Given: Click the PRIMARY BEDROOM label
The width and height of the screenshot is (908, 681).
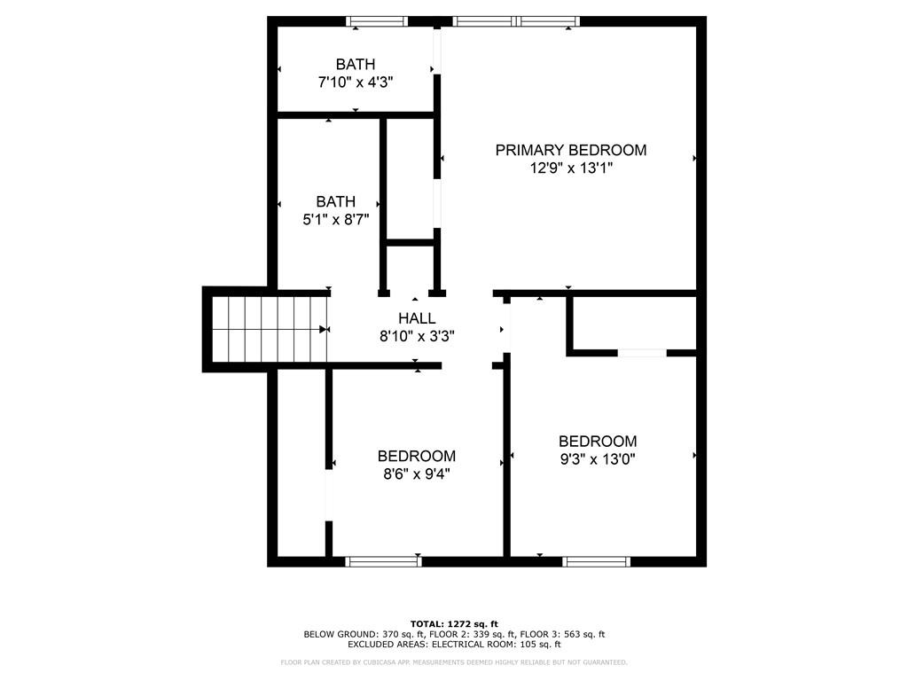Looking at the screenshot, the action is click(x=570, y=150).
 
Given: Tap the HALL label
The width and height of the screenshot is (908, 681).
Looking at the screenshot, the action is click(x=417, y=318).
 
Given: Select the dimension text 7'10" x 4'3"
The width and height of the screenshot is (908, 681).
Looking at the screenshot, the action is click(x=356, y=82).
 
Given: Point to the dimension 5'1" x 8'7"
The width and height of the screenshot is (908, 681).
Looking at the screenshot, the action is click(x=336, y=220).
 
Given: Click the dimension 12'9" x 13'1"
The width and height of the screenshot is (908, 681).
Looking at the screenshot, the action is click(x=571, y=168).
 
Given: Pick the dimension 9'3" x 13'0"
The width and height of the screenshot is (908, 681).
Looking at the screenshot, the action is click(x=598, y=460).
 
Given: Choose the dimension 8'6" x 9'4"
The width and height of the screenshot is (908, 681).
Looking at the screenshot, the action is click(x=417, y=474).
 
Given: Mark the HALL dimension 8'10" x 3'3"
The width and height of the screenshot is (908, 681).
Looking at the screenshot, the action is click(x=417, y=336).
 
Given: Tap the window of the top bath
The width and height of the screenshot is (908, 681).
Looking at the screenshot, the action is click(x=377, y=21).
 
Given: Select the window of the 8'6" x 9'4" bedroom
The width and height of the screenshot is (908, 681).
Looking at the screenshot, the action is click(x=383, y=561).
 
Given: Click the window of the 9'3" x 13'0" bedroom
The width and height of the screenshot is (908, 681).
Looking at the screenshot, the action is click(x=597, y=561).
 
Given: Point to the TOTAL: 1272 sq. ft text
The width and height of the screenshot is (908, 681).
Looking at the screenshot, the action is click(x=454, y=623).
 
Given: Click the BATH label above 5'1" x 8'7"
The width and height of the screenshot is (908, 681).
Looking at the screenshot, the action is click(x=336, y=201).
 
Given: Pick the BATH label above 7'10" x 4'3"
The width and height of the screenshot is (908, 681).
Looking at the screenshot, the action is click(x=356, y=64).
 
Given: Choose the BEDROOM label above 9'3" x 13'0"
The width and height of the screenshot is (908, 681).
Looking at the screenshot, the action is click(x=598, y=442).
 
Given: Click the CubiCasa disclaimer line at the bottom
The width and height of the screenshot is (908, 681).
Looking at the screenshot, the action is click(x=454, y=661).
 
